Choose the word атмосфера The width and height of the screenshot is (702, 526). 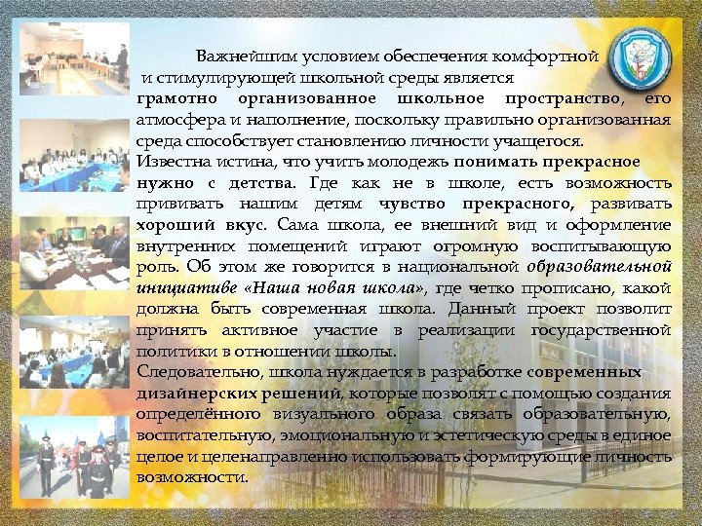coord(181,120)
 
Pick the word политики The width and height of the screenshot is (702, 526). coord(171,351)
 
